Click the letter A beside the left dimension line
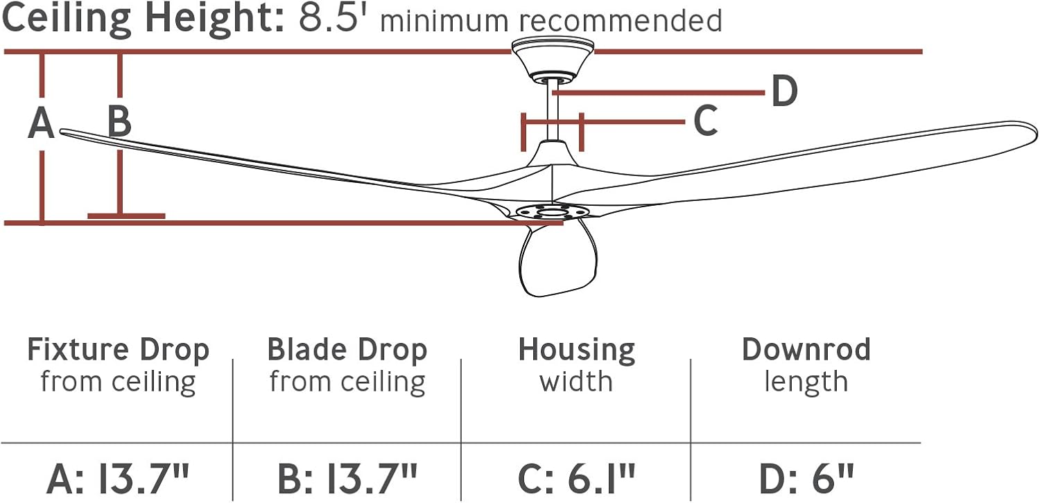click(41, 124)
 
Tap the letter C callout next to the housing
click(705, 122)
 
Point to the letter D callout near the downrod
click(783, 92)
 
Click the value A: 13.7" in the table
click(118, 478)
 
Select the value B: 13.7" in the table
click(347, 478)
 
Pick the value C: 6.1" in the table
click(576, 478)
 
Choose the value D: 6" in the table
click(806, 478)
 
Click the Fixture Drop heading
click(118, 350)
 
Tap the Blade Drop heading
click(347, 350)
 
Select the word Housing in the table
click(576, 350)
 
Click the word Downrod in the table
click(806, 350)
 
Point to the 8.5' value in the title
click(332, 20)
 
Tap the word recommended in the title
click(622, 21)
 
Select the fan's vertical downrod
click(553, 114)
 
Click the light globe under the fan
click(553, 260)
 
